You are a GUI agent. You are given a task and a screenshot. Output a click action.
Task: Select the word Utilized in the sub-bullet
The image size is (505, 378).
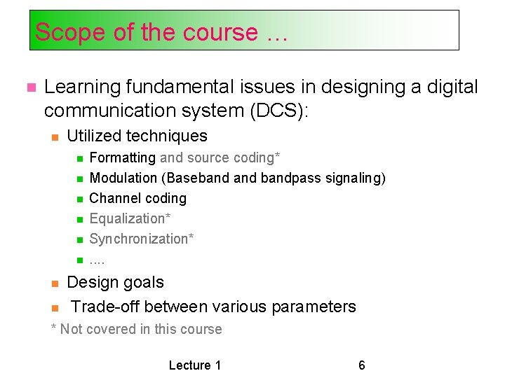[95, 136]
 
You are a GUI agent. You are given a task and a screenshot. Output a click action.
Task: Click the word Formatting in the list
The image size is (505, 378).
[123, 158]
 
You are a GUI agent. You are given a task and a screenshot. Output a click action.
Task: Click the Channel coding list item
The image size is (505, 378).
[138, 199]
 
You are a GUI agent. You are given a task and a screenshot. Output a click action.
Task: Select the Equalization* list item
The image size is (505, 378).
[130, 219]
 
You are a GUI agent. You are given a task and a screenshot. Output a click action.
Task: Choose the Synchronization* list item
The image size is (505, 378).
[142, 239]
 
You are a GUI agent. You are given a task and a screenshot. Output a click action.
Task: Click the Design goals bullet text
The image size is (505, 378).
[115, 283]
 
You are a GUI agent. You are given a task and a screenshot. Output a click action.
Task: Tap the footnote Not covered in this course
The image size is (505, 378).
[140, 329]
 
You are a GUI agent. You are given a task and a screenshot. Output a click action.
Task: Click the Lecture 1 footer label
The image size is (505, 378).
[195, 365]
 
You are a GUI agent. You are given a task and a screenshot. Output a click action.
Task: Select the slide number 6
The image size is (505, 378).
[362, 365]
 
